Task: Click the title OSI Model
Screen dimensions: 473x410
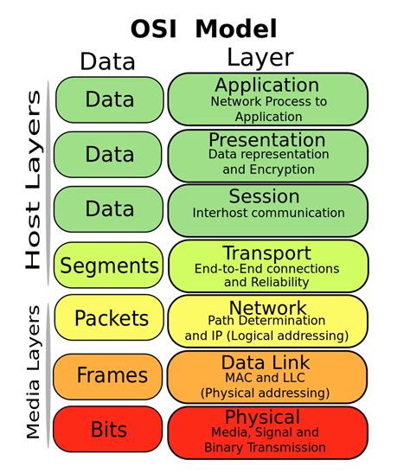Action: (x=204, y=28)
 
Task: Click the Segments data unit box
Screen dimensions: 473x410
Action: (x=109, y=266)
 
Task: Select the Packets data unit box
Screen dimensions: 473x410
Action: (x=109, y=319)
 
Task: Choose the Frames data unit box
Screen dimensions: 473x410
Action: (x=109, y=375)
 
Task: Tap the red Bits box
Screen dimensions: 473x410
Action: (x=109, y=430)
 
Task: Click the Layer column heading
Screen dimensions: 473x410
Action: (x=259, y=58)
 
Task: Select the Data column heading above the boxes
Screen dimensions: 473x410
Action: (x=107, y=61)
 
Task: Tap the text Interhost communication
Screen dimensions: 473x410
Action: (x=268, y=213)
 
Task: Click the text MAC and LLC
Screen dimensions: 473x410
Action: (x=267, y=378)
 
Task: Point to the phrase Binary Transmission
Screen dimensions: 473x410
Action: (x=266, y=447)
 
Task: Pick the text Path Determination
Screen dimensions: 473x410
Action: (x=268, y=323)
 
